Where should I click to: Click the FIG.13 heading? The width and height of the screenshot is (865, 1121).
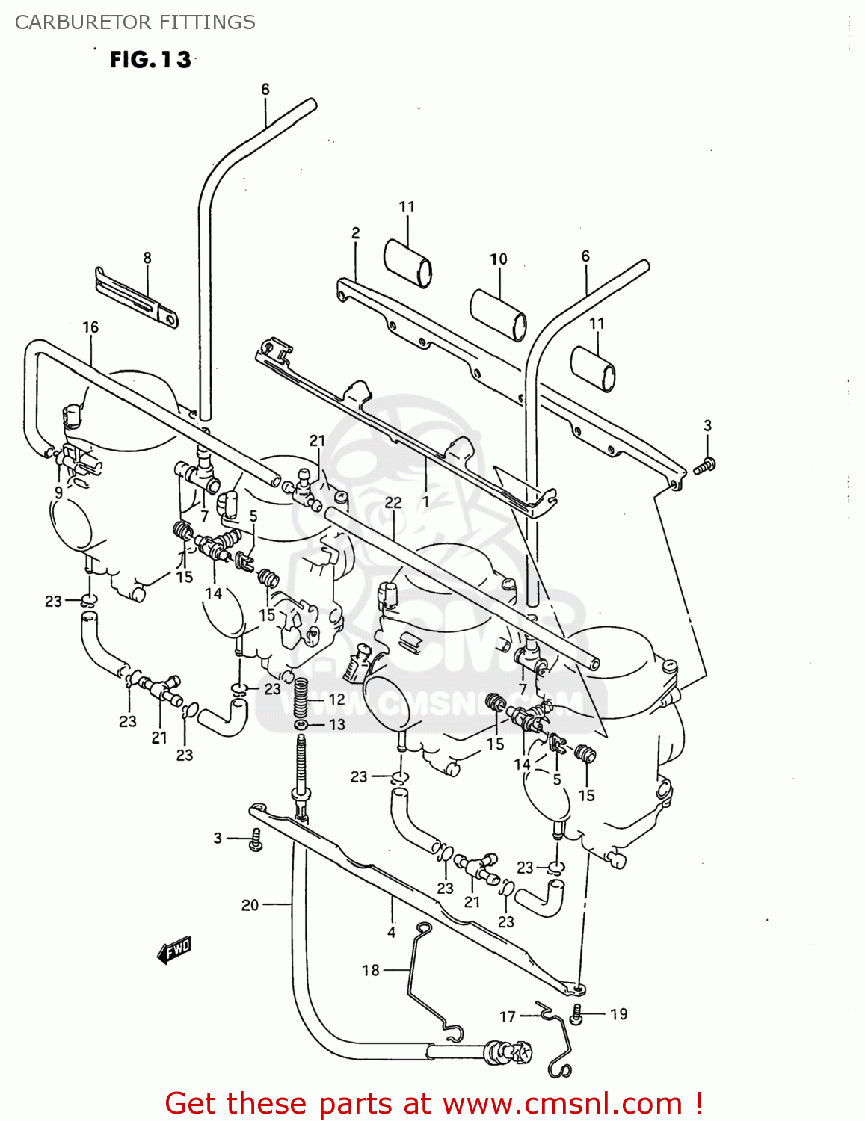[150, 59]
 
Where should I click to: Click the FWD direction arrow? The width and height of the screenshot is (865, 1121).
[174, 950]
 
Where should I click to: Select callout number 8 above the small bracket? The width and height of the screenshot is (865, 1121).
[147, 258]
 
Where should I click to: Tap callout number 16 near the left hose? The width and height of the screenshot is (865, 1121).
[90, 327]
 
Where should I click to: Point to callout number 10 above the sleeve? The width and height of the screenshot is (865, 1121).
[499, 259]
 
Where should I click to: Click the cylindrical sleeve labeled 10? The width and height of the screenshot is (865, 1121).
[498, 314]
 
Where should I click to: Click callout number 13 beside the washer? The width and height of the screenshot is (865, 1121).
[337, 724]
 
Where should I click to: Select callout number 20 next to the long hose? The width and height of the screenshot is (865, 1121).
[250, 905]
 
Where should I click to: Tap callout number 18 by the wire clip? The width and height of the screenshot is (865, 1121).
[371, 970]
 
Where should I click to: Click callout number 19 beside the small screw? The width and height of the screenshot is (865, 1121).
[618, 1014]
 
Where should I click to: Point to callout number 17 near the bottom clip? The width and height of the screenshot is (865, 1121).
[508, 1016]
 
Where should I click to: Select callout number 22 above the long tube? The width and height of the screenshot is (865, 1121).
[393, 503]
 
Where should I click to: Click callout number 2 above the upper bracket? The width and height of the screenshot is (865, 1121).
[356, 233]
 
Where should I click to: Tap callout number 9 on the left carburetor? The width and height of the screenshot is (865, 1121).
[58, 492]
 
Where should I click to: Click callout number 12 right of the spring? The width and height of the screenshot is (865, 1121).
[337, 700]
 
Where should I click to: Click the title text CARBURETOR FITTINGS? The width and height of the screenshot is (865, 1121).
[135, 22]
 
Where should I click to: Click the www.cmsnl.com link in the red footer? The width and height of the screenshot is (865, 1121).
[562, 1103]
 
